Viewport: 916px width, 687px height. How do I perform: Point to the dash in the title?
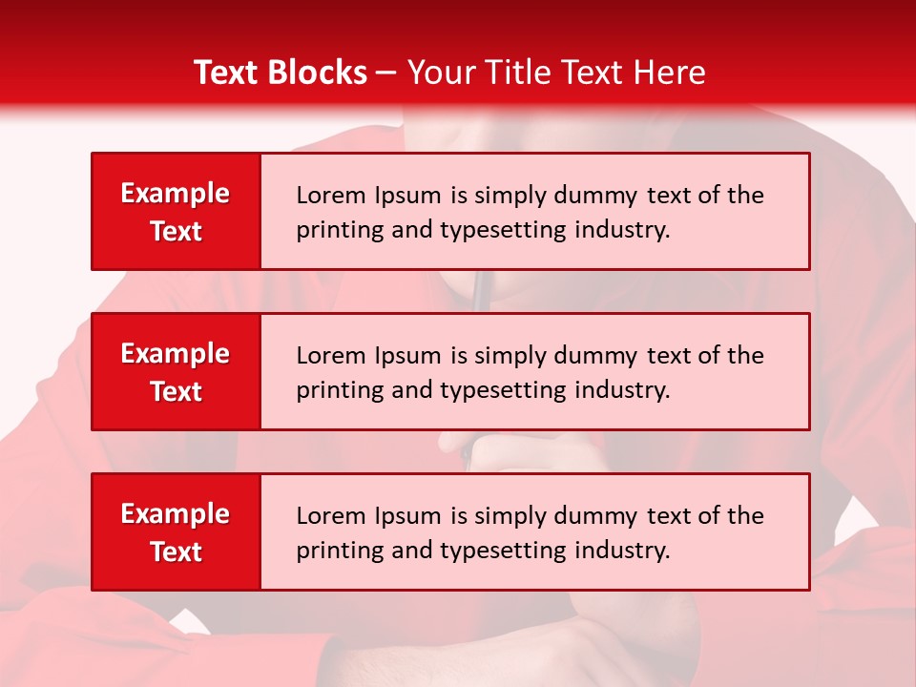tap(386, 73)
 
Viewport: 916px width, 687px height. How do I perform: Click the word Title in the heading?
tap(517, 73)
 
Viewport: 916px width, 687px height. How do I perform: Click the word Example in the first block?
tap(176, 194)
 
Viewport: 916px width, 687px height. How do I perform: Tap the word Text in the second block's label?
tap(176, 391)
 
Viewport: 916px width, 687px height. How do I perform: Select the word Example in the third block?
tap(176, 514)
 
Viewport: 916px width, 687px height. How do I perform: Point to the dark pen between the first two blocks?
tap(482, 290)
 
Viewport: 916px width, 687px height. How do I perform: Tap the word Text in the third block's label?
tap(176, 552)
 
